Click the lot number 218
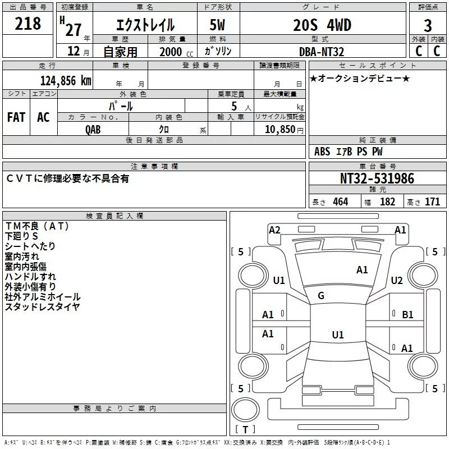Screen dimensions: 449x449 pyautogui.click(x=28, y=24)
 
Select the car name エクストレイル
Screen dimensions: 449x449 pyautogui.click(x=144, y=25)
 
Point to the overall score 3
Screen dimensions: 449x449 pyautogui.click(x=428, y=25)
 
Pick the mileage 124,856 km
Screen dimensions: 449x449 pyautogui.click(x=66, y=80)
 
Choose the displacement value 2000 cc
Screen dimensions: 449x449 pyautogui.click(x=171, y=52)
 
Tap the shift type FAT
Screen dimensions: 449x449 pyautogui.click(x=16, y=117)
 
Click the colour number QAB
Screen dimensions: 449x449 pyautogui.click(x=94, y=129)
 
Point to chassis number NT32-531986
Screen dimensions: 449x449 pyautogui.click(x=377, y=178)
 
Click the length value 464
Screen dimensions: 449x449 pyautogui.click(x=340, y=202)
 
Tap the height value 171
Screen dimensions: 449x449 pyautogui.click(x=432, y=202)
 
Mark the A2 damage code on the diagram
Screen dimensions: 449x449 pyautogui.click(x=274, y=230)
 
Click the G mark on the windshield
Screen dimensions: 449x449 pyautogui.click(x=321, y=296)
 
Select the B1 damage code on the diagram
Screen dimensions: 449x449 pyautogui.click(x=407, y=315)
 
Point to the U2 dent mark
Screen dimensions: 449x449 pyautogui.click(x=397, y=281)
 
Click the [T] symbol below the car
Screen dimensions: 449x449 pyautogui.click(x=245, y=430)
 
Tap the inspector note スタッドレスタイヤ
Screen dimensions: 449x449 pyautogui.click(x=42, y=306)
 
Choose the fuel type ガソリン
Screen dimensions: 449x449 pyautogui.click(x=218, y=51)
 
